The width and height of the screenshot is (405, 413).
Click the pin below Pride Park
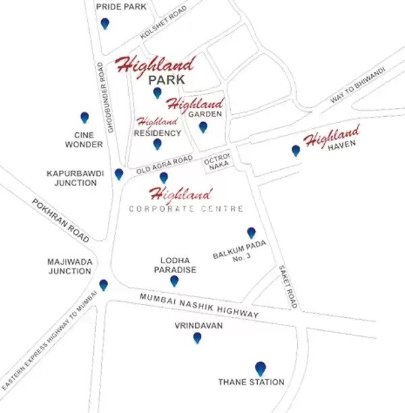(x=105, y=24)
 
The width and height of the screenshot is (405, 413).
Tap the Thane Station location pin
(x=261, y=368)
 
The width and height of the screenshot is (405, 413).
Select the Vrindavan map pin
(x=197, y=337)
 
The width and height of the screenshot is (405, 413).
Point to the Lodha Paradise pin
(x=174, y=281)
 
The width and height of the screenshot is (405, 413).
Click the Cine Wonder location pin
(x=84, y=117)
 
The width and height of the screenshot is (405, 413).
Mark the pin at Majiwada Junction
(x=103, y=285)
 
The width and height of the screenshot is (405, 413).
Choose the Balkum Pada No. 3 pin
(x=251, y=233)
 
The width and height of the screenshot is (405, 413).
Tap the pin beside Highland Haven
(x=296, y=150)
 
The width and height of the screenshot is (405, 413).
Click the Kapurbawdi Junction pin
(x=119, y=174)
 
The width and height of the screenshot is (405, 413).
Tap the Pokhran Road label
(x=60, y=221)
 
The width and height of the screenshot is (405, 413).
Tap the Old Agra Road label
(x=165, y=164)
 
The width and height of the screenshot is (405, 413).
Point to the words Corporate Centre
(x=186, y=209)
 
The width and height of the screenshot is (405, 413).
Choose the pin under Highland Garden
(x=202, y=126)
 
